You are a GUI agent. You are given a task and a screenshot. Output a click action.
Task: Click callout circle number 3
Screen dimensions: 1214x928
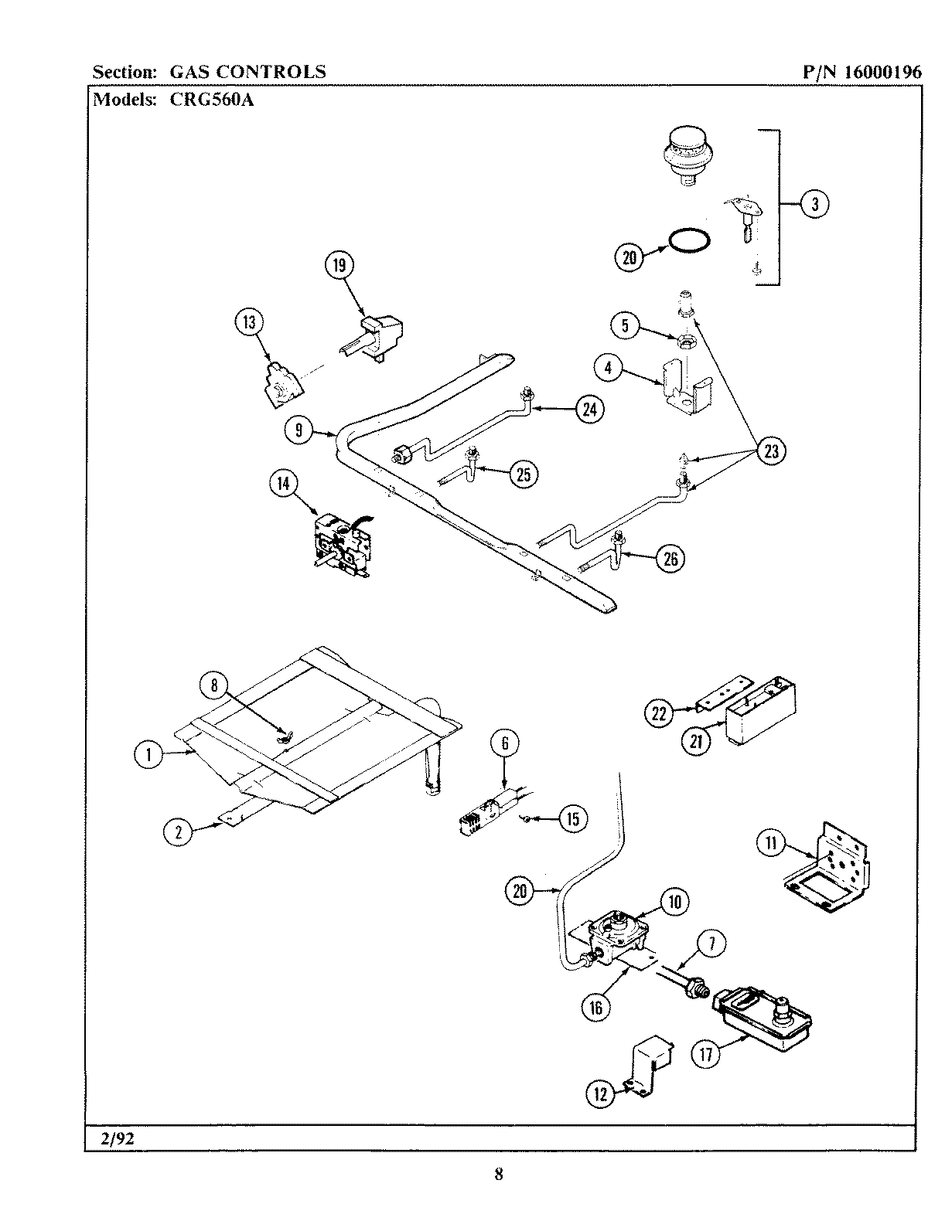(x=815, y=204)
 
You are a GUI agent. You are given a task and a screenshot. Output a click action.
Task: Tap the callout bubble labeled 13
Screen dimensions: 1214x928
(x=249, y=323)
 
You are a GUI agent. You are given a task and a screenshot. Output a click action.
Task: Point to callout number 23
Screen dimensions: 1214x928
(x=770, y=451)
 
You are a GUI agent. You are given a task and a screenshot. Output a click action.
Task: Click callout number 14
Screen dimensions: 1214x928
(x=283, y=485)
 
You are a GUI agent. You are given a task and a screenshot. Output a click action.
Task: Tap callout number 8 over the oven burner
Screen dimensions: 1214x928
(x=214, y=685)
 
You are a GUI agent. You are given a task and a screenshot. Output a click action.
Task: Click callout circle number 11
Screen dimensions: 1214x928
(x=770, y=843)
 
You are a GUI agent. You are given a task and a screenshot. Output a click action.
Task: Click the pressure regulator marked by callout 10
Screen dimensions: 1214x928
(x=619, y=933)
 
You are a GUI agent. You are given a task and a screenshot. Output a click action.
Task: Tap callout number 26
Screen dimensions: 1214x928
(x=670, y=558)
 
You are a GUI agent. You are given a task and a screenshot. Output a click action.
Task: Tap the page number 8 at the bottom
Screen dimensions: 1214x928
(x=499, y=1175)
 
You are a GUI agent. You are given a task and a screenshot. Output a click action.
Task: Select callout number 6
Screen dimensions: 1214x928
(x=505, y=743)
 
